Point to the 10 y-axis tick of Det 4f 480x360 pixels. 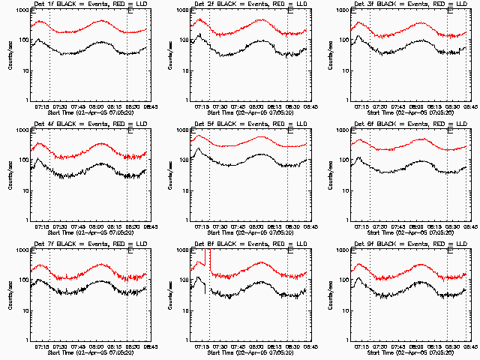(25, 190)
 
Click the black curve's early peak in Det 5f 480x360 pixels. (198, 149)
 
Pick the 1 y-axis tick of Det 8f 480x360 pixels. (187, 340)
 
